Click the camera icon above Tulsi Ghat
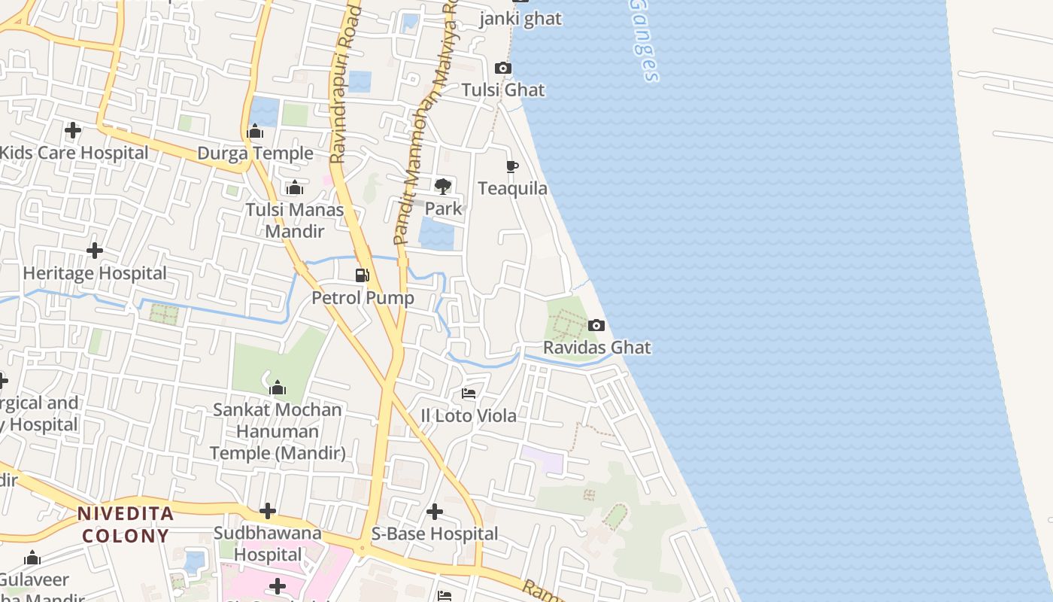(503, 68)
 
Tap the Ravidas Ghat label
(597, 348)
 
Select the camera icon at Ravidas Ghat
(596, 325)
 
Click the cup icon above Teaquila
(512, 166)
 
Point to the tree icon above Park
(443, 186)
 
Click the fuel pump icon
(363, 275)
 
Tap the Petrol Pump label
(363, 298)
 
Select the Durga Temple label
(255, 154)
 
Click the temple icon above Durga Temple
(255, 132)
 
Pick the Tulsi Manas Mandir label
(295, 220)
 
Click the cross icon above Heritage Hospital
(95, 250)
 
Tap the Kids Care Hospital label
(74, 153)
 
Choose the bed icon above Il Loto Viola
(469, 394)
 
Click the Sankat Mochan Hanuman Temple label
(278, 431)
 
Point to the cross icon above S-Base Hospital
(435, 512)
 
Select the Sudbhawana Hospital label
(268, 543)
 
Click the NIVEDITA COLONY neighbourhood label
(126, 525)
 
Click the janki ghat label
(520, 19)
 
